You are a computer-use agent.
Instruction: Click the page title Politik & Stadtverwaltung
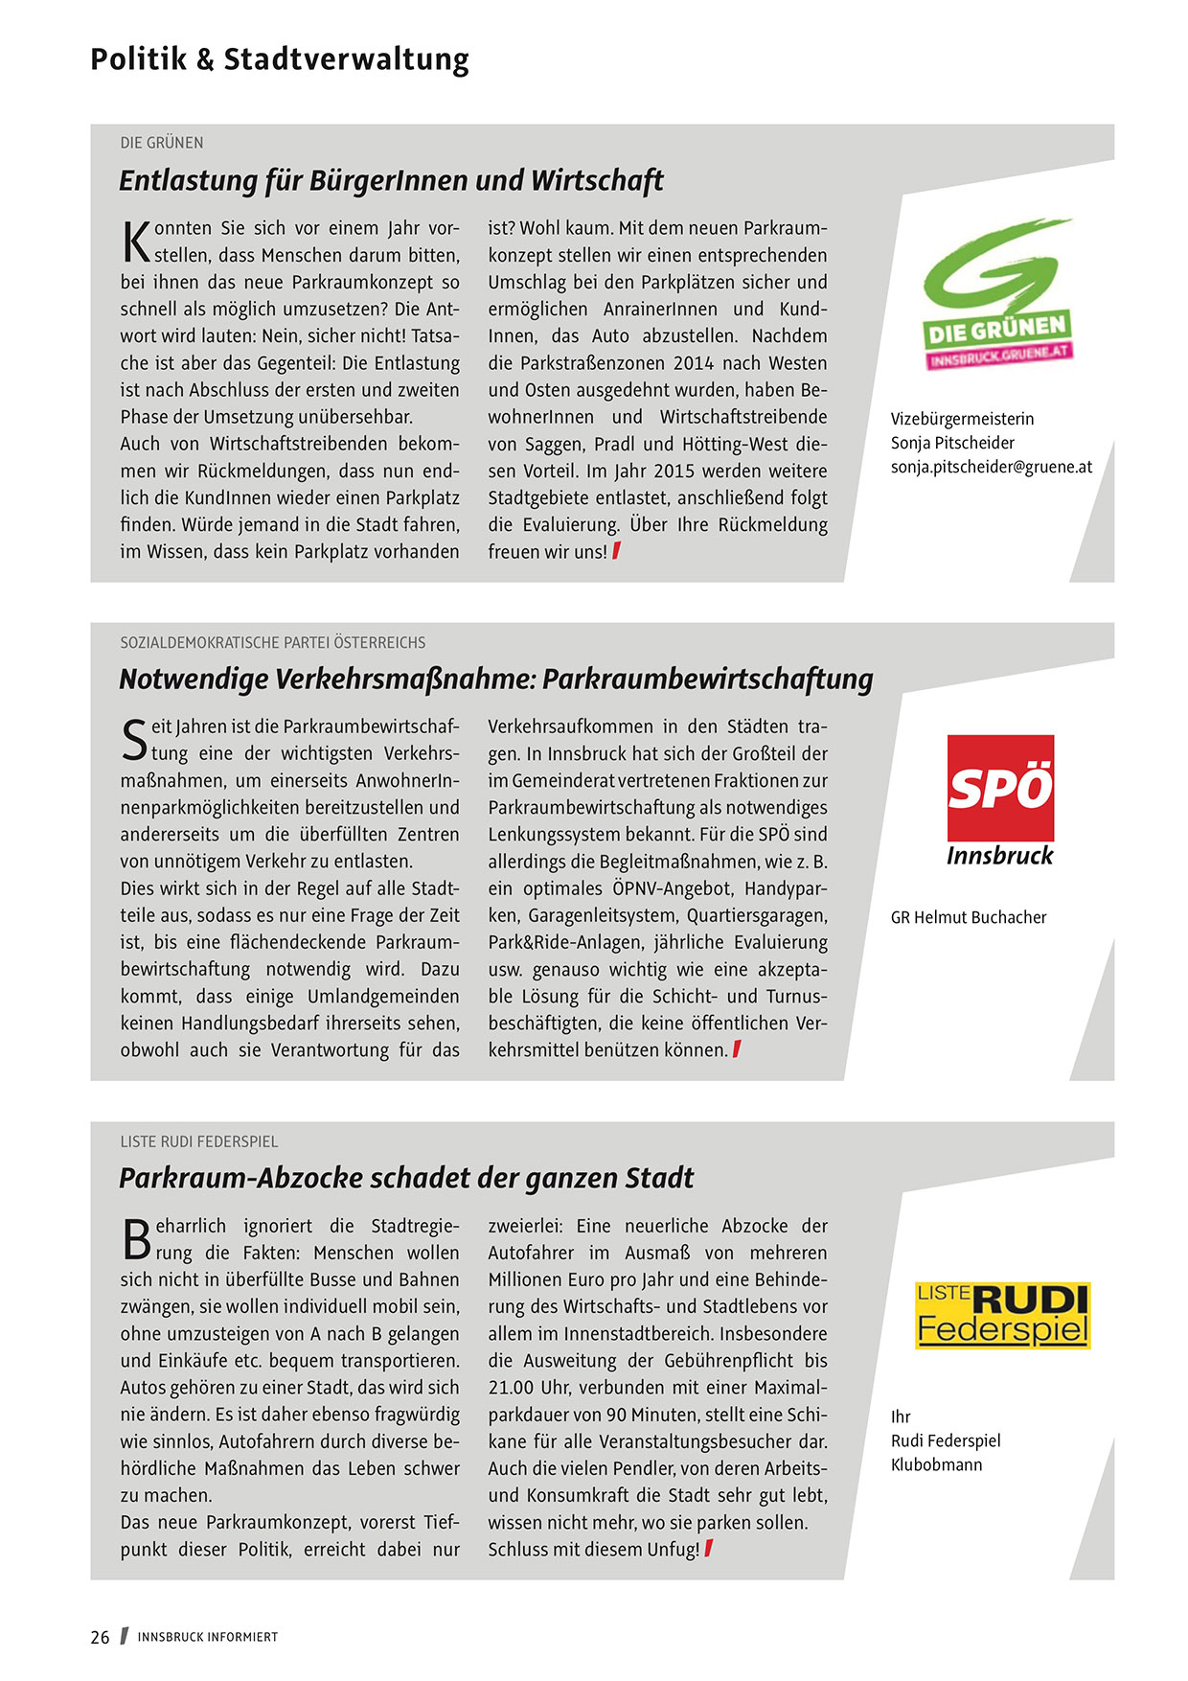click(x=279, y=59)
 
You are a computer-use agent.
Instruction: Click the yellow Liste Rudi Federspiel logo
click(x=1002, y=1315)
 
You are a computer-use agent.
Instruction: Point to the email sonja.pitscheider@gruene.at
click(x=991, y=467)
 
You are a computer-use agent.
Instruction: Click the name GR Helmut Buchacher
click(x=968, y=917)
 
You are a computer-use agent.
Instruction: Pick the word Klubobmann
click(x=936, y=1464)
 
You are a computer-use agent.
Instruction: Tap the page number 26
click(x=100, y=1637)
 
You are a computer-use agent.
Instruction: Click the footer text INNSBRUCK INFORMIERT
click(x=207, y=1637)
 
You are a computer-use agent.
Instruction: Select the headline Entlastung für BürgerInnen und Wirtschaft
click(x=391, y=180)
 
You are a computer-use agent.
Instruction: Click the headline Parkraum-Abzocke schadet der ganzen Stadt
click(x=405, y=1178)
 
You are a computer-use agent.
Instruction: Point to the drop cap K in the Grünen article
click(x=136, y=242)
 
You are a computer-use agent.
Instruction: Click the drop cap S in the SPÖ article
click(x=135, y=741)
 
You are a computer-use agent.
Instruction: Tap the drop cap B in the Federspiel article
click(x=136, y=1240)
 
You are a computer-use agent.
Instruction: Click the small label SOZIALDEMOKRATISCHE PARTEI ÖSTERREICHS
click(x=272, y=642)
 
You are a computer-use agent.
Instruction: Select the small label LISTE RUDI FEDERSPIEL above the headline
click(x=198, y=1141)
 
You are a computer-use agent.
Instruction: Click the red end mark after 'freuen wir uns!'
click(x=616, y=551)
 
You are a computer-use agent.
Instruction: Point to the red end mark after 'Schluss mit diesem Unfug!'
click(x=708, y=1549)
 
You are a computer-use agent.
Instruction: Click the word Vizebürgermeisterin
click(x=962, y=419)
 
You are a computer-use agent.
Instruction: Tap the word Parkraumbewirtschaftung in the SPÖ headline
click(x=707, y=679)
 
